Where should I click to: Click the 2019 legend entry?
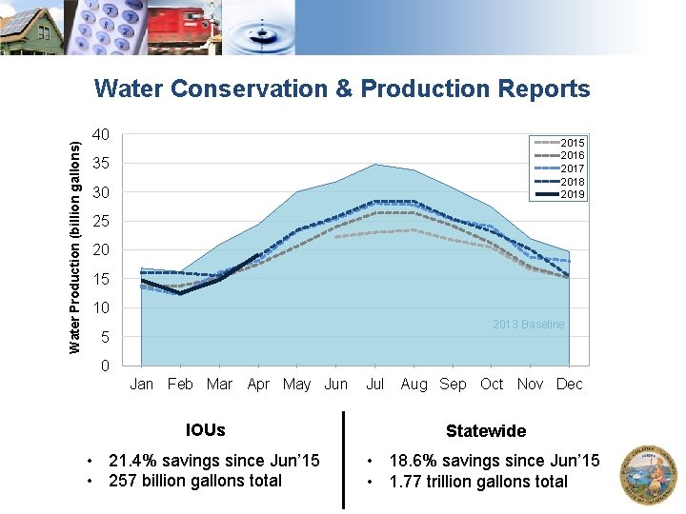tap(559, 194)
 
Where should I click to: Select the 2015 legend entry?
tap(559, 143)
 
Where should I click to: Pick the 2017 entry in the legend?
tap(559, 168)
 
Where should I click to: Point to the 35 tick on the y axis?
tap(101, 164)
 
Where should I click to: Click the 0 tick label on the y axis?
tap(105, 366)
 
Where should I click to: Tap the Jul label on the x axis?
tap(375, 385)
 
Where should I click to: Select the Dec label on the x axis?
tap(569, 385)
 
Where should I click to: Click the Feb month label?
tap(180, 385)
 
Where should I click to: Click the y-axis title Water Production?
tap(75, 247)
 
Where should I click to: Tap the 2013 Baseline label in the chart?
tap(529, 325)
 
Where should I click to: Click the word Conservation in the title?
tap(249, 89)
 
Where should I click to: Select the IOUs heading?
tap(206, 430)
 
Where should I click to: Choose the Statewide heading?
tap(486, 431)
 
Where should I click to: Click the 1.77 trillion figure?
tap(426, 482)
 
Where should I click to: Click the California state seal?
tap(649, 475)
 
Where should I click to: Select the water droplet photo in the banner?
tap(258, 27)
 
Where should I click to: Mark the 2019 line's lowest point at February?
tap(180, 293)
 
